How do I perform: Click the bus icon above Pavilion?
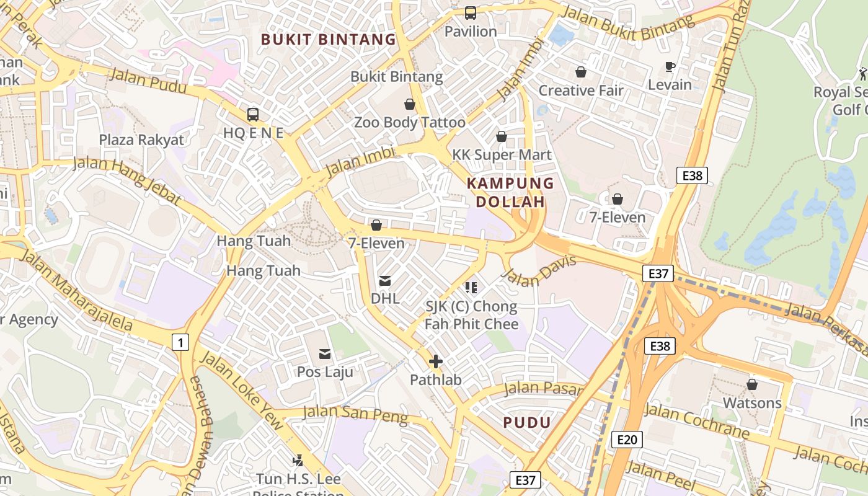pyautogui.click(x=471, y=12)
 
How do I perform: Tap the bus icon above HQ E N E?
pyautogui.click(x=253, y=114)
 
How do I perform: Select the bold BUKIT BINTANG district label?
pyautogui.click(x=328, y=40)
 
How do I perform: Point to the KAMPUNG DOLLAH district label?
pyautogui.click(x=510, y=192)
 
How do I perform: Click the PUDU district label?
pyautogui.click(x=527, y=423)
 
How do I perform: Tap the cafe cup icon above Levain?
pyautogui.click(x=670, y=66)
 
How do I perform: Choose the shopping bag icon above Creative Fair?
pyautogui.click(x=581, y=72)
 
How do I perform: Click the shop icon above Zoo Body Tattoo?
pyautogui.click(x=409, y=104)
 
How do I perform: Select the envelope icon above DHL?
pyautogui.click(x=385, y=281)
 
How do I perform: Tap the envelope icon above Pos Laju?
pyautogui.click(x=325, y=354)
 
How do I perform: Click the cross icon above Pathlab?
pyautogui.click(x=436, y=361)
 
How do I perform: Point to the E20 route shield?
pyautogui.click(x=627, y=440)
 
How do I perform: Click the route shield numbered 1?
pyautogui.click(x=180, y=342)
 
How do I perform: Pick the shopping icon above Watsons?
pyautogui.click(x=752, y=384)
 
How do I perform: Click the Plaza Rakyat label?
pyautogui.click(x=142, y=139)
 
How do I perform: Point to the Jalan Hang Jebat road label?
pyautogui.click(x=128, y=180)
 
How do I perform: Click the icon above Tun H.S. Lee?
pyautogui.click(x=298, y=460)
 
